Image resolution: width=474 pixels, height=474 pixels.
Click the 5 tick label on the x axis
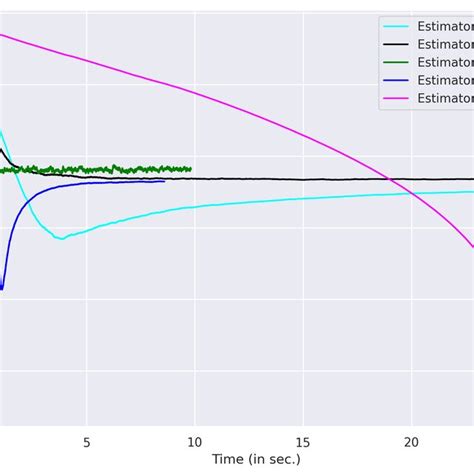(87, 441)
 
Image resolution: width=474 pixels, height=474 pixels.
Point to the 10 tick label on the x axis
(194, 441)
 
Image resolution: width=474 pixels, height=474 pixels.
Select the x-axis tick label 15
(303, 441)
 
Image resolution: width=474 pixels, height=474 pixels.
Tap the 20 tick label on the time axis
(411, 441)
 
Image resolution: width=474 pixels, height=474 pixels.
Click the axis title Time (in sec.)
(255, 459)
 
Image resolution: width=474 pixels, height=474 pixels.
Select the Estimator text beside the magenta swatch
(445, 98)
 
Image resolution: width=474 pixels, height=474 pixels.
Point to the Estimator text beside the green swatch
(445, 62)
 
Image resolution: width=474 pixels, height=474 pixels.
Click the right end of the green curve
(190, 168)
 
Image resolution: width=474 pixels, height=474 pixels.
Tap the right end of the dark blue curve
(164, 181)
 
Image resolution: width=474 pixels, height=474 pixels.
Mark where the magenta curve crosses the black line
(387, 179)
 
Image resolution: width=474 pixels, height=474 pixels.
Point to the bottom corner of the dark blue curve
(2, 289)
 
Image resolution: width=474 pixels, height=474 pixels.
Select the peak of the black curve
(1, 150)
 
